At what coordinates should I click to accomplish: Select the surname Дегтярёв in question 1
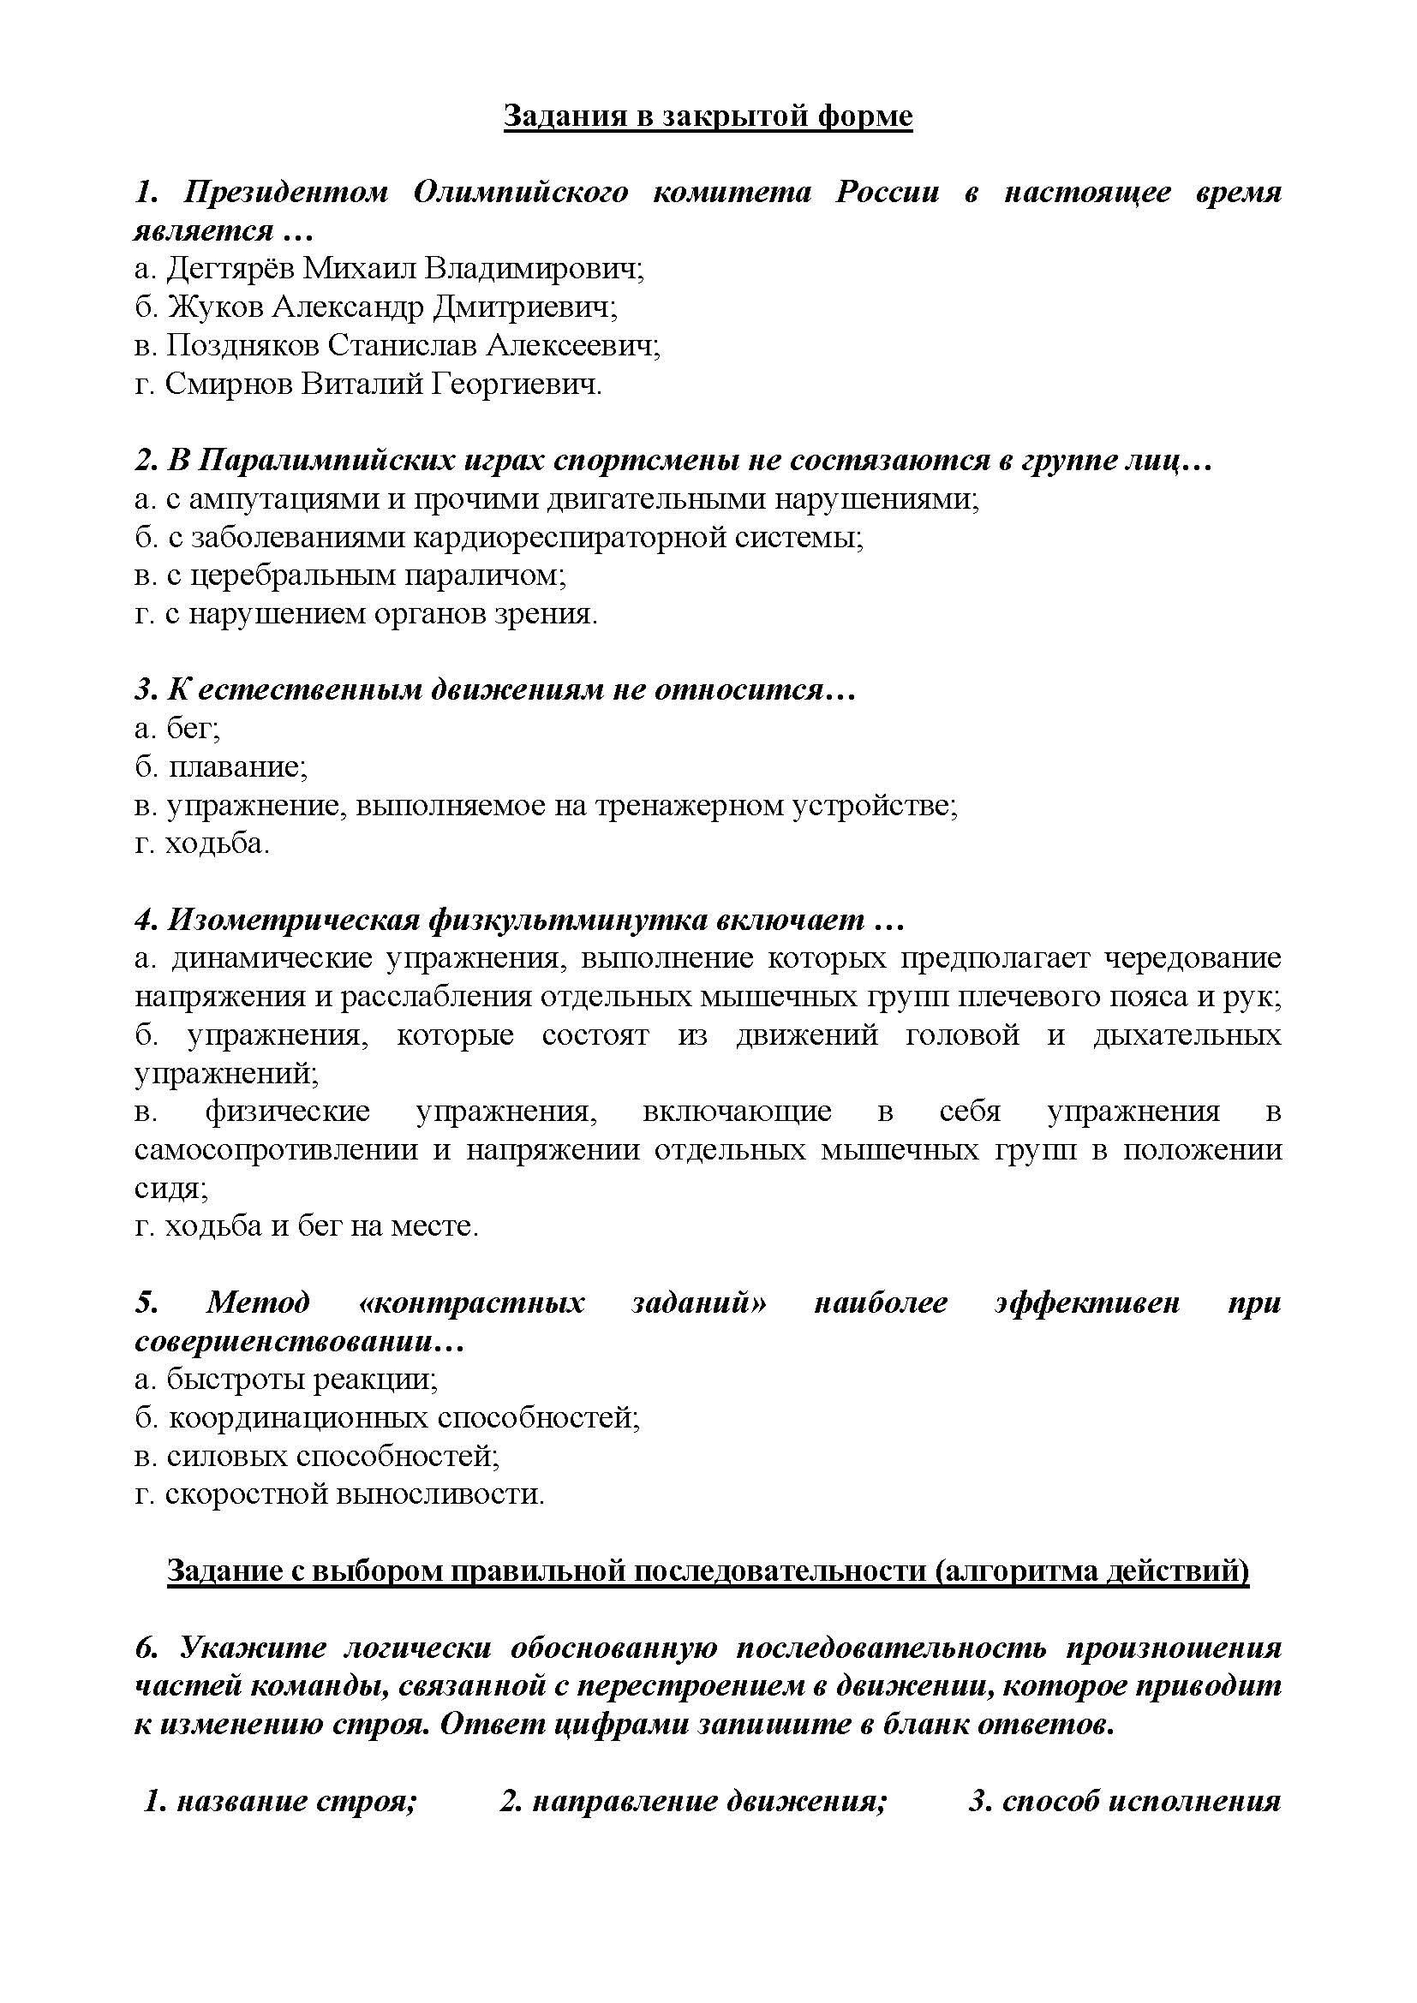click(231, 269)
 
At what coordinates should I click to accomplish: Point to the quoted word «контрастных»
click(472, 1303)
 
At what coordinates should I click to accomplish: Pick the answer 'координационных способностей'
click(404, 1418)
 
